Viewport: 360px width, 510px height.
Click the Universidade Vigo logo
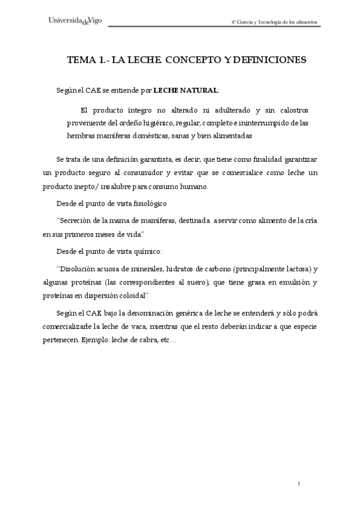75,20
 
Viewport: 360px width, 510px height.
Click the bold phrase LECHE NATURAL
186,90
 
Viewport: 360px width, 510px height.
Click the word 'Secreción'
79,221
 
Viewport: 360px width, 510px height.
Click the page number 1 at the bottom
299,484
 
